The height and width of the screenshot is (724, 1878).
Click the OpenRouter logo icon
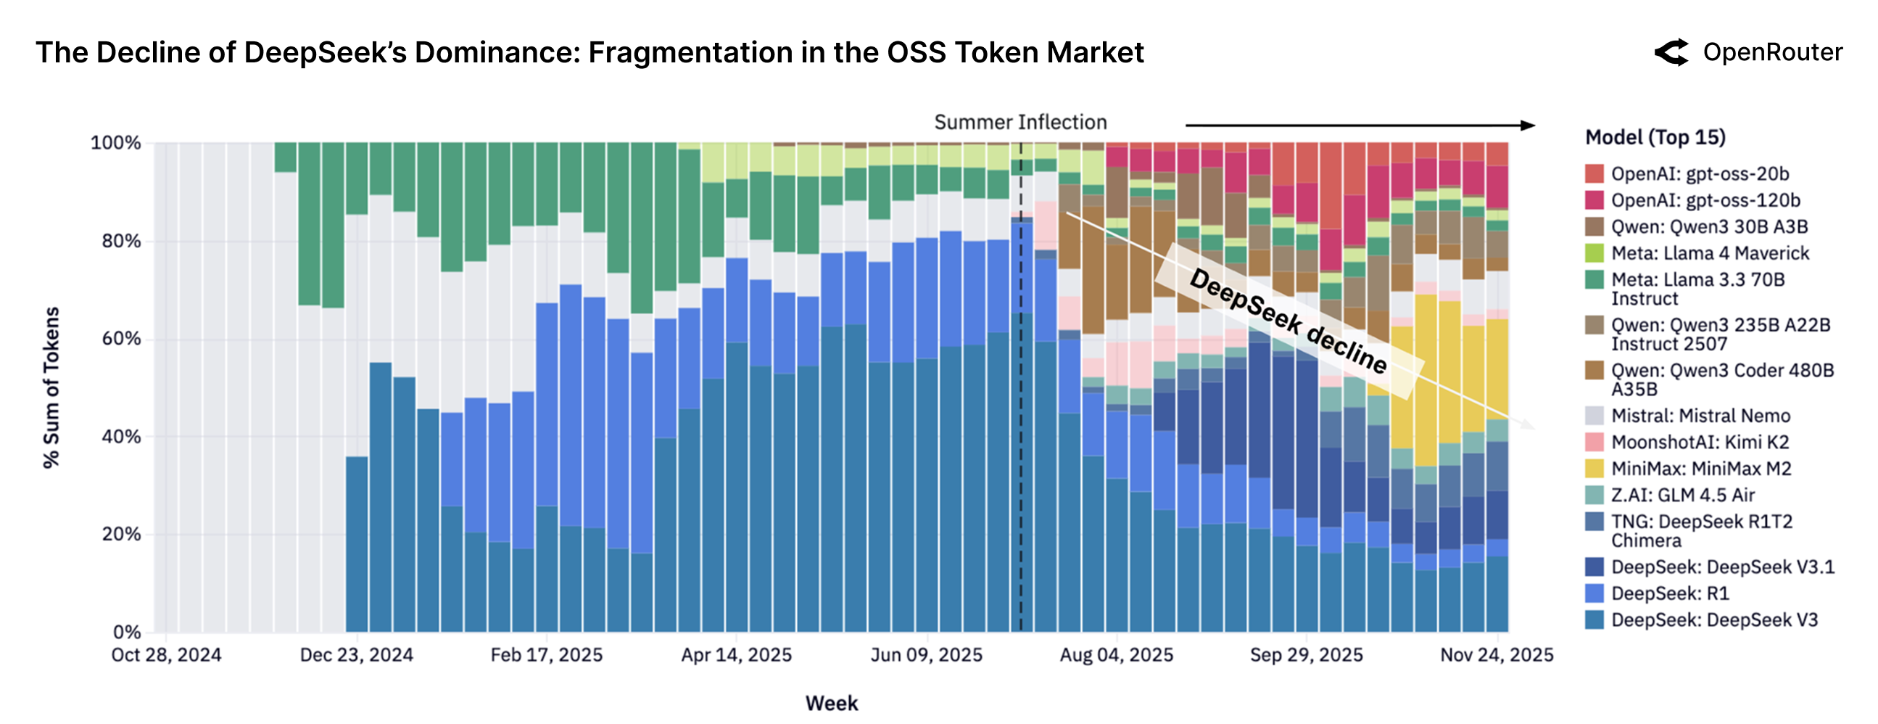1671,52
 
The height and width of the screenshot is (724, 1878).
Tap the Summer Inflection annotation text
1020,122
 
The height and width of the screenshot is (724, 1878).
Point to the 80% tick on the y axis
121,241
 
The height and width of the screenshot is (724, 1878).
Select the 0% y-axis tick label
127,631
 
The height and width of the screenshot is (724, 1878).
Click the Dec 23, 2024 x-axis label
357,655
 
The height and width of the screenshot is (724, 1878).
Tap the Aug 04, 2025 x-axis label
1116,655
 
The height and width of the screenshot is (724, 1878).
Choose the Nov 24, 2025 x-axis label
1496,655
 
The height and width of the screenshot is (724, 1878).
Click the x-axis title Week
831,703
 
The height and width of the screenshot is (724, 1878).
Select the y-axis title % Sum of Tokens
51,387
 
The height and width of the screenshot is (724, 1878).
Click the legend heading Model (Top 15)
1655,137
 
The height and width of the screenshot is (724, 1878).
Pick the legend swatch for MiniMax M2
1594,468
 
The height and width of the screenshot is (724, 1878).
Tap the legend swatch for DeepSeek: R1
1594,593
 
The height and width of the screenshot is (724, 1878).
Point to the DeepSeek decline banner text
1288,321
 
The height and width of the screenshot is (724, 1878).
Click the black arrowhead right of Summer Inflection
1527,126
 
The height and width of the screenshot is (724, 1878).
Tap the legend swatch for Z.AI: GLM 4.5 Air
1594,494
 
